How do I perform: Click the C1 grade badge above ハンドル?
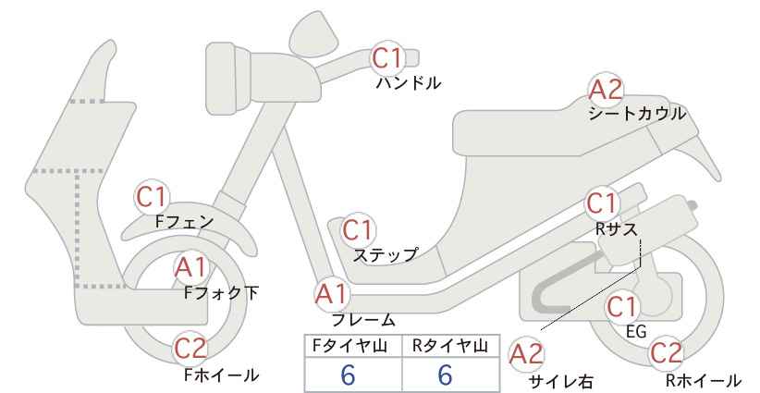click(387, 57)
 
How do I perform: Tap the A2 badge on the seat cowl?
click(606, 90)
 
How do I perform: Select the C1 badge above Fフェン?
click(152, 197)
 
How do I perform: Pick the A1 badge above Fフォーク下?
click(191, 267)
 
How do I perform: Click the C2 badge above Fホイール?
click(190, 348)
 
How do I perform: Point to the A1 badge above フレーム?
click(332, 295)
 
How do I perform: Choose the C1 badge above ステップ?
click(358, 230)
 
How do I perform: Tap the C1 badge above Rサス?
click(602, 204)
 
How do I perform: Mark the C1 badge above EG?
click(622, 307)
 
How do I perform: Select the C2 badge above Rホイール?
click(666, 353)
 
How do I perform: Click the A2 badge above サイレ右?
click(526, 354)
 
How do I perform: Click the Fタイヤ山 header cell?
click(353, 346)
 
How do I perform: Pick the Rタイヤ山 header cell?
click(451, 346)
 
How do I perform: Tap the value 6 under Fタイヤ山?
click(348, 375)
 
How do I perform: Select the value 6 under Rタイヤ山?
click(445, 375)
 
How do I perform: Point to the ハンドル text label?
click(409, 83)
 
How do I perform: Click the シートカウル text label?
click(637, 114)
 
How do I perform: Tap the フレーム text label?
click(363, 320)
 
